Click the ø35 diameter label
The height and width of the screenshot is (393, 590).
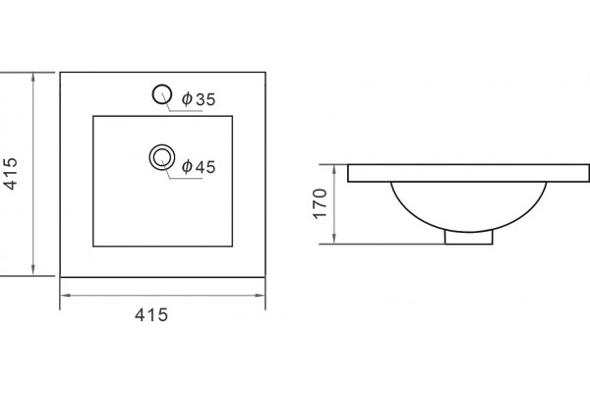[199, 99]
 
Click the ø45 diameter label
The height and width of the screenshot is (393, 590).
[199, 167]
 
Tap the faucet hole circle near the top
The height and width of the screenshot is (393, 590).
[162, 85]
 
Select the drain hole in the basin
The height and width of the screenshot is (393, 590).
[162, 145]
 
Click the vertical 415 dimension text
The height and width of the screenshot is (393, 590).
[11, 174]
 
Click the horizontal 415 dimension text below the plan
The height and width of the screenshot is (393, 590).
[151, 314]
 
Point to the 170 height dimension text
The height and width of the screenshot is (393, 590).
[320, 203]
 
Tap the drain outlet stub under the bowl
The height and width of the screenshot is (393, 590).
[468, 238]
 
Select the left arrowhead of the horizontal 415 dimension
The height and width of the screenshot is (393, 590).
[66, 295]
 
